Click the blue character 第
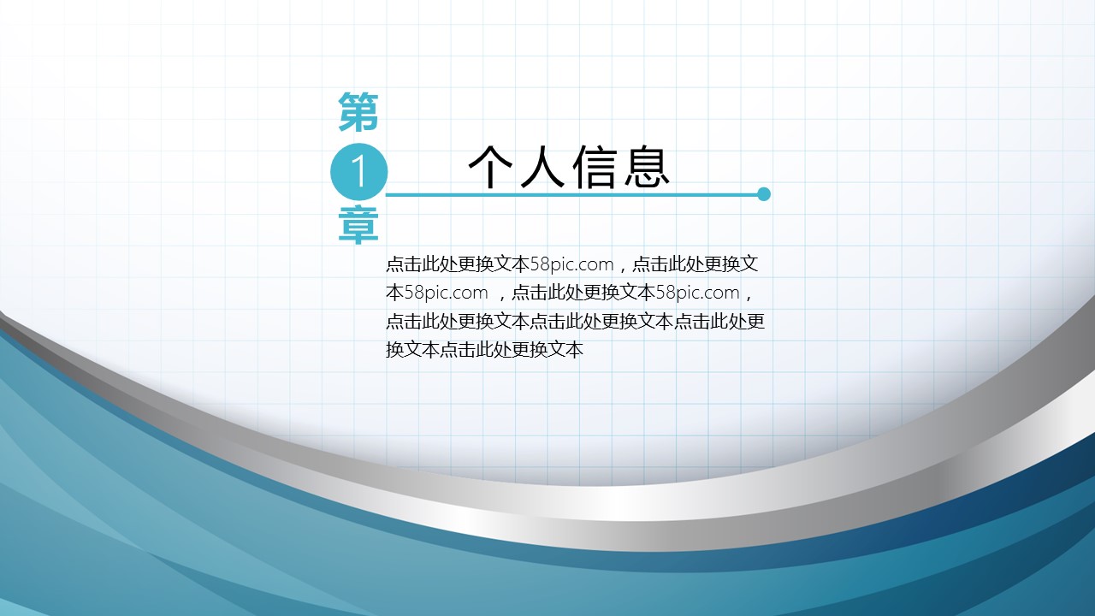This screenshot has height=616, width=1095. click(358, 112)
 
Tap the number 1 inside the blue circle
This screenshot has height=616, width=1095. click(358, 172)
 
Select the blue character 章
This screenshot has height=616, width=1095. click(358, 225)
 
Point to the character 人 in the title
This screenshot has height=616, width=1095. click(542, 166)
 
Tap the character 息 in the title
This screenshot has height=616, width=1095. click(646, 166)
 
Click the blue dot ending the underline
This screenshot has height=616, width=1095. click(764, 194)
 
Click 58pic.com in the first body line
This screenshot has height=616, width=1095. click(571, 264)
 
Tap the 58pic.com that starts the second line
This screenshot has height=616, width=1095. click(447, 293)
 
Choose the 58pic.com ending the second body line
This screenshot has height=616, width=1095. click(697, 293)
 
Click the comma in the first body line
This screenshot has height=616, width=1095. click(622, 269)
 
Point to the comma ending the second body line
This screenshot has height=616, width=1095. click(748, 297)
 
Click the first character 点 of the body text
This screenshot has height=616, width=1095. click(394, 264)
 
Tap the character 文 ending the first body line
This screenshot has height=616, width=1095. click(749, 264)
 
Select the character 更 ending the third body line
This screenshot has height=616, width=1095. click(755, 321)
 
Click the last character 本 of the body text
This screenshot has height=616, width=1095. click(574, 350)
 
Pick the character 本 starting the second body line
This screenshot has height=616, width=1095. click(395, 293)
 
